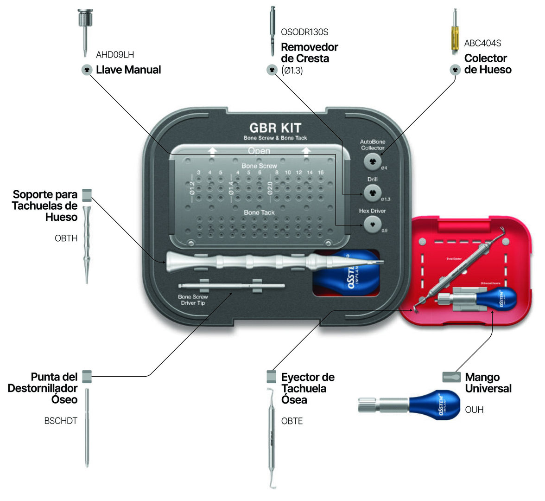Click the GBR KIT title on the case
click(x=275, y=128)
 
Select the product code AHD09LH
click(x=115, y=55)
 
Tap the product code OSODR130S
click(x=304, y=32)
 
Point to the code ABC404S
click(x=482, y=43)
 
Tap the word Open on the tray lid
click(x=259, y=151)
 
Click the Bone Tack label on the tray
click(x=259, y=212)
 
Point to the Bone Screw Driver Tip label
click(x=193, y=300)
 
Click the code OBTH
click(x=66, y=238)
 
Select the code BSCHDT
click(x=61, y=421)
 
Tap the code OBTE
click(x=292, y=421)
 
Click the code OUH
click(x=474, y=410)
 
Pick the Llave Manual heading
click(x=128, y=70)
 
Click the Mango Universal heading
click(x=488, y=383)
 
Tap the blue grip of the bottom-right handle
click(x=435, y=405)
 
